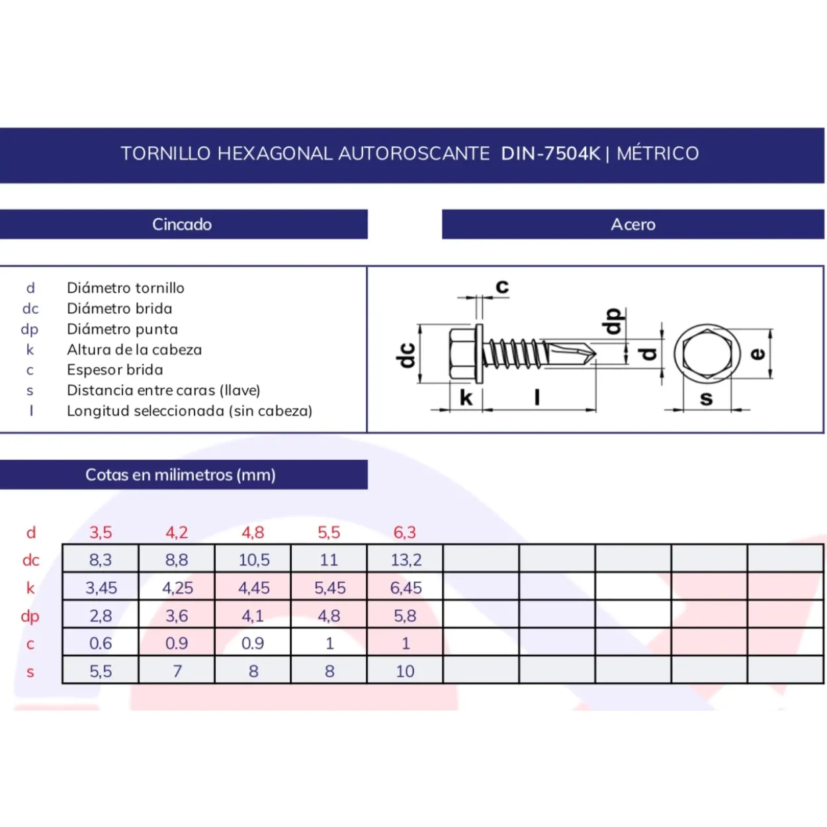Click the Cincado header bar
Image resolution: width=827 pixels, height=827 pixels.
[183, 224]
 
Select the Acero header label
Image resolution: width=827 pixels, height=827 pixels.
[633, 224]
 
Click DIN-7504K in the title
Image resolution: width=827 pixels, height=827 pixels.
[550, 153]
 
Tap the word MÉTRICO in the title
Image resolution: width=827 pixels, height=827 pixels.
[658, 153]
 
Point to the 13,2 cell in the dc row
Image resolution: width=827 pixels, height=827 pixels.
[406, 560]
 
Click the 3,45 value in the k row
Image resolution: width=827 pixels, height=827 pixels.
[101, 588]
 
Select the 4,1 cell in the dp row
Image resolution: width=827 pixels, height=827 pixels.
[253, 616]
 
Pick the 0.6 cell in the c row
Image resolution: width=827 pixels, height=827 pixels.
[101, 643]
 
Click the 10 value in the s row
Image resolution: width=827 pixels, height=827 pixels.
[405, 672]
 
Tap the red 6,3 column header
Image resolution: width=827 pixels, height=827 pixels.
[405, 533]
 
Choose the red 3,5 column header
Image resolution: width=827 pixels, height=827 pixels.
[101, 533]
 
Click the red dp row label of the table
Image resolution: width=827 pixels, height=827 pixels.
[30, 617]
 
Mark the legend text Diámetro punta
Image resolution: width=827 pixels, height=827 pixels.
[122, 329]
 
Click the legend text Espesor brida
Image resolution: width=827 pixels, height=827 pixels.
[115, 370]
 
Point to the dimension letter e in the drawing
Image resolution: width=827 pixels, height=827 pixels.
[758, 354]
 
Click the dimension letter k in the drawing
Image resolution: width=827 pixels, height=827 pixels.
[466, 398]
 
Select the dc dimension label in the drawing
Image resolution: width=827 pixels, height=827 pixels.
[406, 355]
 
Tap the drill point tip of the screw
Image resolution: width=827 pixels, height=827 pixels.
[596, 354]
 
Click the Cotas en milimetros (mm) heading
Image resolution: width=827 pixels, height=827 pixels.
[180, 474]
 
